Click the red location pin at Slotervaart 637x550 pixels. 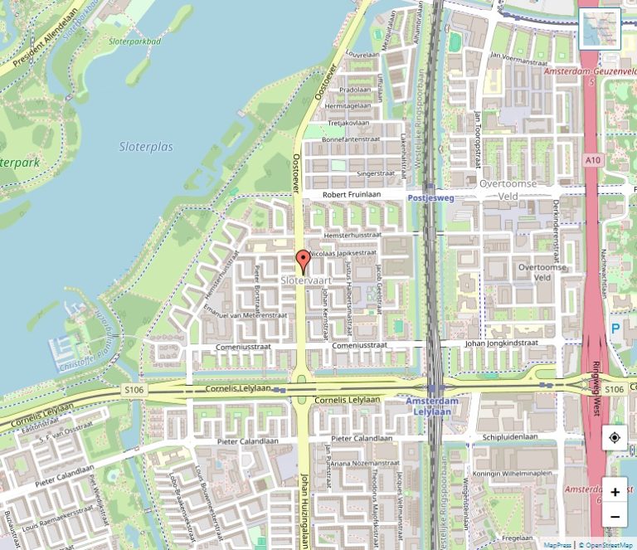point(303,261)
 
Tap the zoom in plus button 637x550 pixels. point(615,492)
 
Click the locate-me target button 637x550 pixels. point(615,437)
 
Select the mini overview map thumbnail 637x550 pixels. point(599,29)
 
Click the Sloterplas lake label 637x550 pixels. point(146,147)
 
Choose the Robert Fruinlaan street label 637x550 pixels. point(352,194)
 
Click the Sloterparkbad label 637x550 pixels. point(135,41)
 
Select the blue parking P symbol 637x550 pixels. point(615,329)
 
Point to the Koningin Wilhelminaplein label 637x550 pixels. point(513,473)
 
